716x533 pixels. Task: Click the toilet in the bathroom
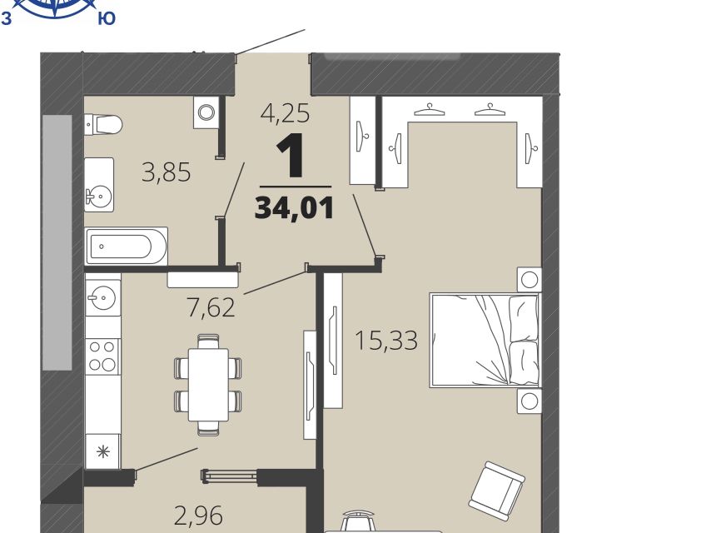104,124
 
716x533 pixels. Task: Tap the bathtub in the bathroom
126,247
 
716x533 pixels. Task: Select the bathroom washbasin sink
99,185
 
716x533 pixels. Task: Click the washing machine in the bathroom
206,112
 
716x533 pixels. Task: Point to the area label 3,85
167,172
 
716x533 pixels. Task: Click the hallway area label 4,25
285,112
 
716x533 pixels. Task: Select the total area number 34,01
295,208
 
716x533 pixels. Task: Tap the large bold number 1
291,155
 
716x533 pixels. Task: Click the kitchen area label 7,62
211,307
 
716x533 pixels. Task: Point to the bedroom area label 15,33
386,341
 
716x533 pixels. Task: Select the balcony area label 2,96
199,516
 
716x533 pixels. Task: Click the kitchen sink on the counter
103,298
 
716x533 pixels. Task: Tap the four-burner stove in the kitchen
102,356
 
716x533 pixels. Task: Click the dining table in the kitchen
208,385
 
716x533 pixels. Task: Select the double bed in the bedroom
485,341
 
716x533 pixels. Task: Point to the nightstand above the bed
530,280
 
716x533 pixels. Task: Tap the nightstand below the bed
530,401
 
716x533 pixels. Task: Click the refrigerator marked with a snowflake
103,451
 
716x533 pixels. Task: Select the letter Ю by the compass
107,18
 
